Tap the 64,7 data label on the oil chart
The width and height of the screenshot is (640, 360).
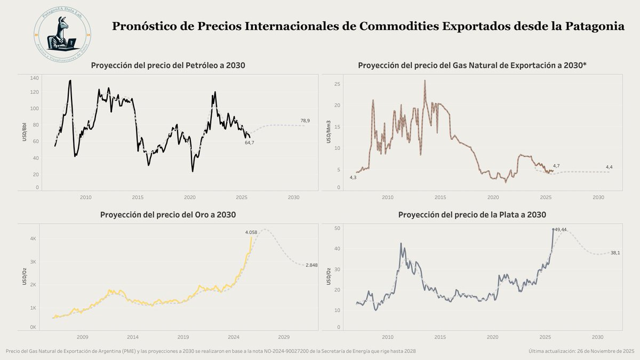(250, 143)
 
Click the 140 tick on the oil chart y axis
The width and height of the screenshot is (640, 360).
(35, 78)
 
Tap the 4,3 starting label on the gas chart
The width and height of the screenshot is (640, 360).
(353, 177)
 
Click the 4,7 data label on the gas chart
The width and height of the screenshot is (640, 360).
(556, 166)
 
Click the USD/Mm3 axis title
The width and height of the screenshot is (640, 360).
(329, 134)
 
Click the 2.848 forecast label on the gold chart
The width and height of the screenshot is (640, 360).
(311, 265)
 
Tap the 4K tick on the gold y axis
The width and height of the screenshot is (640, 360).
(33, 239)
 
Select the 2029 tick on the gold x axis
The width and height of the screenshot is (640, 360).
(284, 337)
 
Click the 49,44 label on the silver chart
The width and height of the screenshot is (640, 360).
(561, 229)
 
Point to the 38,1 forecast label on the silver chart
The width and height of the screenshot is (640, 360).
(615, 253)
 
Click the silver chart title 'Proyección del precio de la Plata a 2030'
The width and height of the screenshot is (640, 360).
(473, 214)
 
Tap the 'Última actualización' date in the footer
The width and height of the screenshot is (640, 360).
(581, 351)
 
